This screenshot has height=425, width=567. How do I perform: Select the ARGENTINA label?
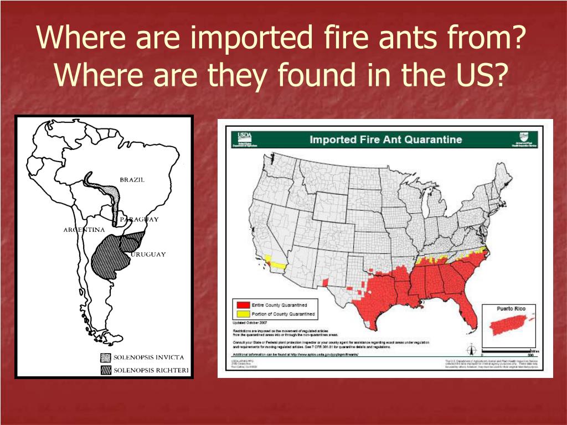(84, 230)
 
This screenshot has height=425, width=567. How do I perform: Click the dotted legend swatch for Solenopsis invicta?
(105, 357)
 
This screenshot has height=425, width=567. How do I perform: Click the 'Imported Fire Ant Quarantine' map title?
(385, 139)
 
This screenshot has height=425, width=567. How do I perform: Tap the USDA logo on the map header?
(244, 138)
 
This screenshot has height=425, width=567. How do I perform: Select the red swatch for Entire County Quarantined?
(241, 305)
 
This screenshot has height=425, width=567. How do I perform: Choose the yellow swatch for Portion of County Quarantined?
(241, 314)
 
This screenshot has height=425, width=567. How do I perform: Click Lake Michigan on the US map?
(426, 205)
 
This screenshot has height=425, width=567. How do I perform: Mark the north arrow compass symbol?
(472, 350)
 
